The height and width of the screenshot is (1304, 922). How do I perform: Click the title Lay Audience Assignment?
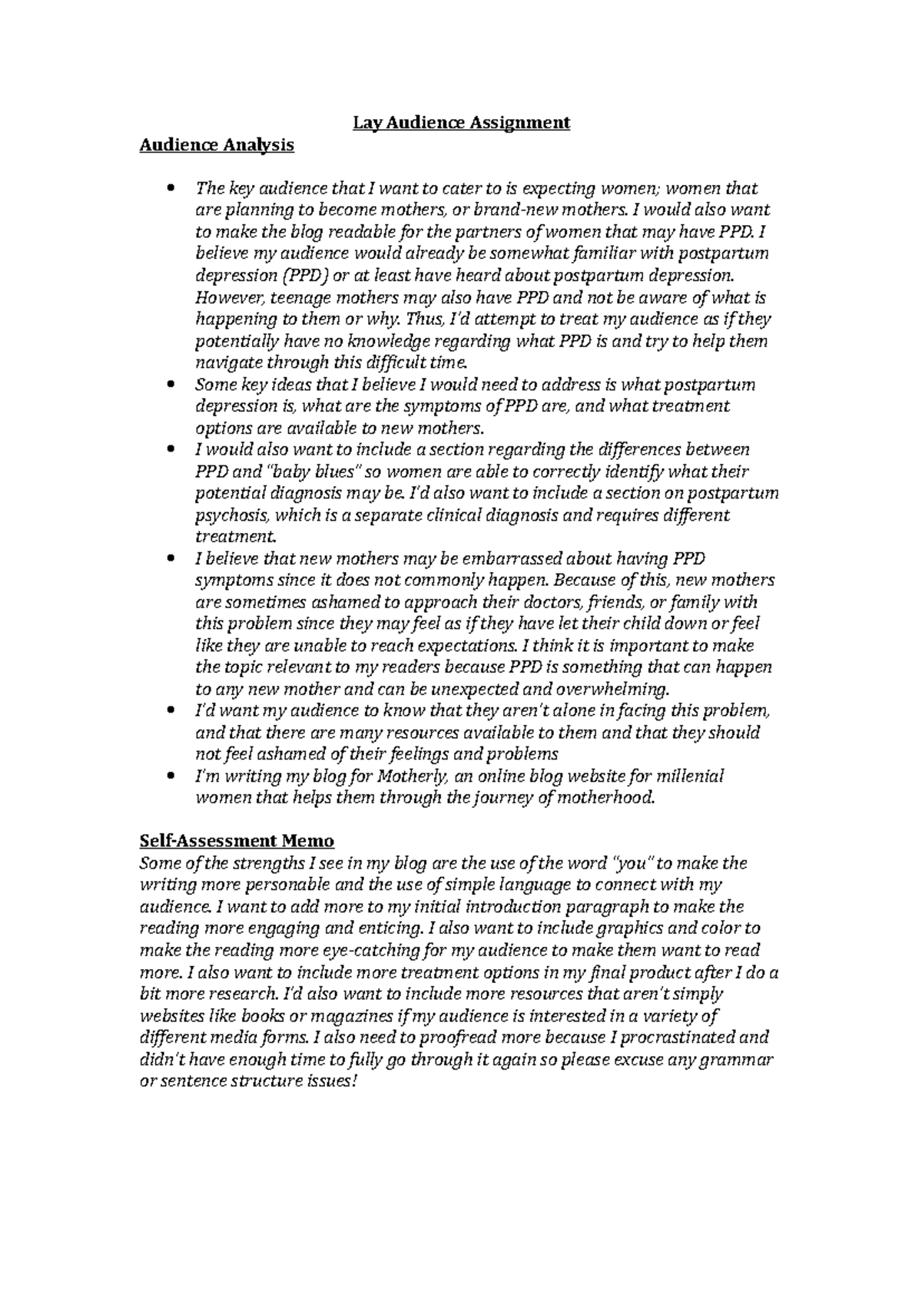[461, 123]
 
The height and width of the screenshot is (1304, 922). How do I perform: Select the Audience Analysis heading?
[216, 145]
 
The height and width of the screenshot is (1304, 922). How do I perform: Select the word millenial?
[691, 776]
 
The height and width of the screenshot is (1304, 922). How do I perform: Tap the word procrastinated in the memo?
[675, 1038]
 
